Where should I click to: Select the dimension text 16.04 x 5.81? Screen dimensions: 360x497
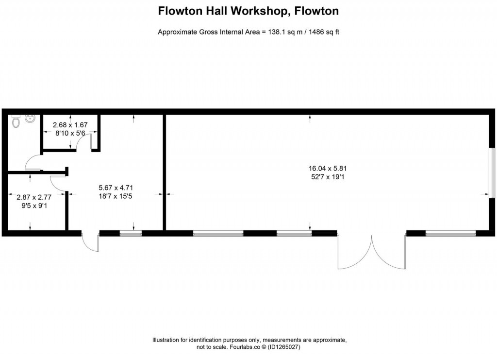327,169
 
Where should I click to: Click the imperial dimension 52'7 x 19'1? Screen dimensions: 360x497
327,177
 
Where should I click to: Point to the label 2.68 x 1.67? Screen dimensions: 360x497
70,125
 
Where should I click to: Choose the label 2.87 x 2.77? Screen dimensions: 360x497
34,197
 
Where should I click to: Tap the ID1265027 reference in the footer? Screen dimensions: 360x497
287,347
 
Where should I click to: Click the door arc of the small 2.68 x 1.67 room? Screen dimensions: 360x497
84,141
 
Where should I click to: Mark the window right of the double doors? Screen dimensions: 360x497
450,234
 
